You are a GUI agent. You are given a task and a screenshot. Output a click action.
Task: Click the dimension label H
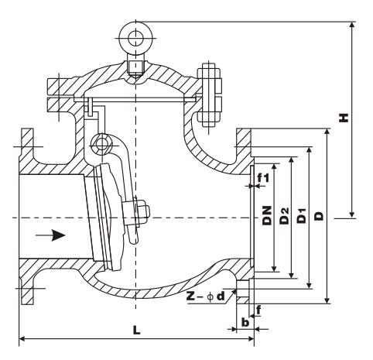pyautogui.click(x=344, y=118)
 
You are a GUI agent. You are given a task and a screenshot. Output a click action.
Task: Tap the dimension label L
pyautogui.click(x=136, y=330)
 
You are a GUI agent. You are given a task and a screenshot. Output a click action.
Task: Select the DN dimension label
pyautogui.click(x=268, y=215)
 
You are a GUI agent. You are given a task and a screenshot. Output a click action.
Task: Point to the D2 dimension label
pyautogui.click(x=285, y=216)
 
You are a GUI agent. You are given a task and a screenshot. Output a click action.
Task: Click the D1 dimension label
pyautogui.click(x=301, y=215)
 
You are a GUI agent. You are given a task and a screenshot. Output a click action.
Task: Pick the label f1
pyautogui.click(x=263, y=177)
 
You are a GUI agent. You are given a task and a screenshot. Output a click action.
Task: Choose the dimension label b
pyautogui.click(x=245, y=321)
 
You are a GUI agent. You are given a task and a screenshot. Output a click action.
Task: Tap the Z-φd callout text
pyautogui.click(x=206, y=297)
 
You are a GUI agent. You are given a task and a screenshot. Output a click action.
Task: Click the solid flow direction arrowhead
pyautogui.click(x=58, y=235)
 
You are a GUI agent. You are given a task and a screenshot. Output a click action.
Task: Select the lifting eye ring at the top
pyautogui.click(x=135, y=38)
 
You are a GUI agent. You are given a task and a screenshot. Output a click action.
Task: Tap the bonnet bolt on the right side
pyautogui.click(x=209, y=94)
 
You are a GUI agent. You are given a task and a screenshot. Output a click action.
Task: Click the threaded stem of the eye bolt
pyautogui.click(x=135, y=68)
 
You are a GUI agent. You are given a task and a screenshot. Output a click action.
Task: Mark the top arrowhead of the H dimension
pyautogui.click(x=352, y=26)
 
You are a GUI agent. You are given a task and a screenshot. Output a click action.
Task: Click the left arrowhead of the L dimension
pyautogui.click(x=23, y=338)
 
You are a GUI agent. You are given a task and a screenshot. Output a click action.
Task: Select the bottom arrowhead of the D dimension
pyautogui.click(x=327, y=300)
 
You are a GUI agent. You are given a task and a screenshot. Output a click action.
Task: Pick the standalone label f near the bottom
pyautogui.click(x=258, y=310)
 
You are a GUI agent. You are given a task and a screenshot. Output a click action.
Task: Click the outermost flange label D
pyautogui.click(x=319, y=216)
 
